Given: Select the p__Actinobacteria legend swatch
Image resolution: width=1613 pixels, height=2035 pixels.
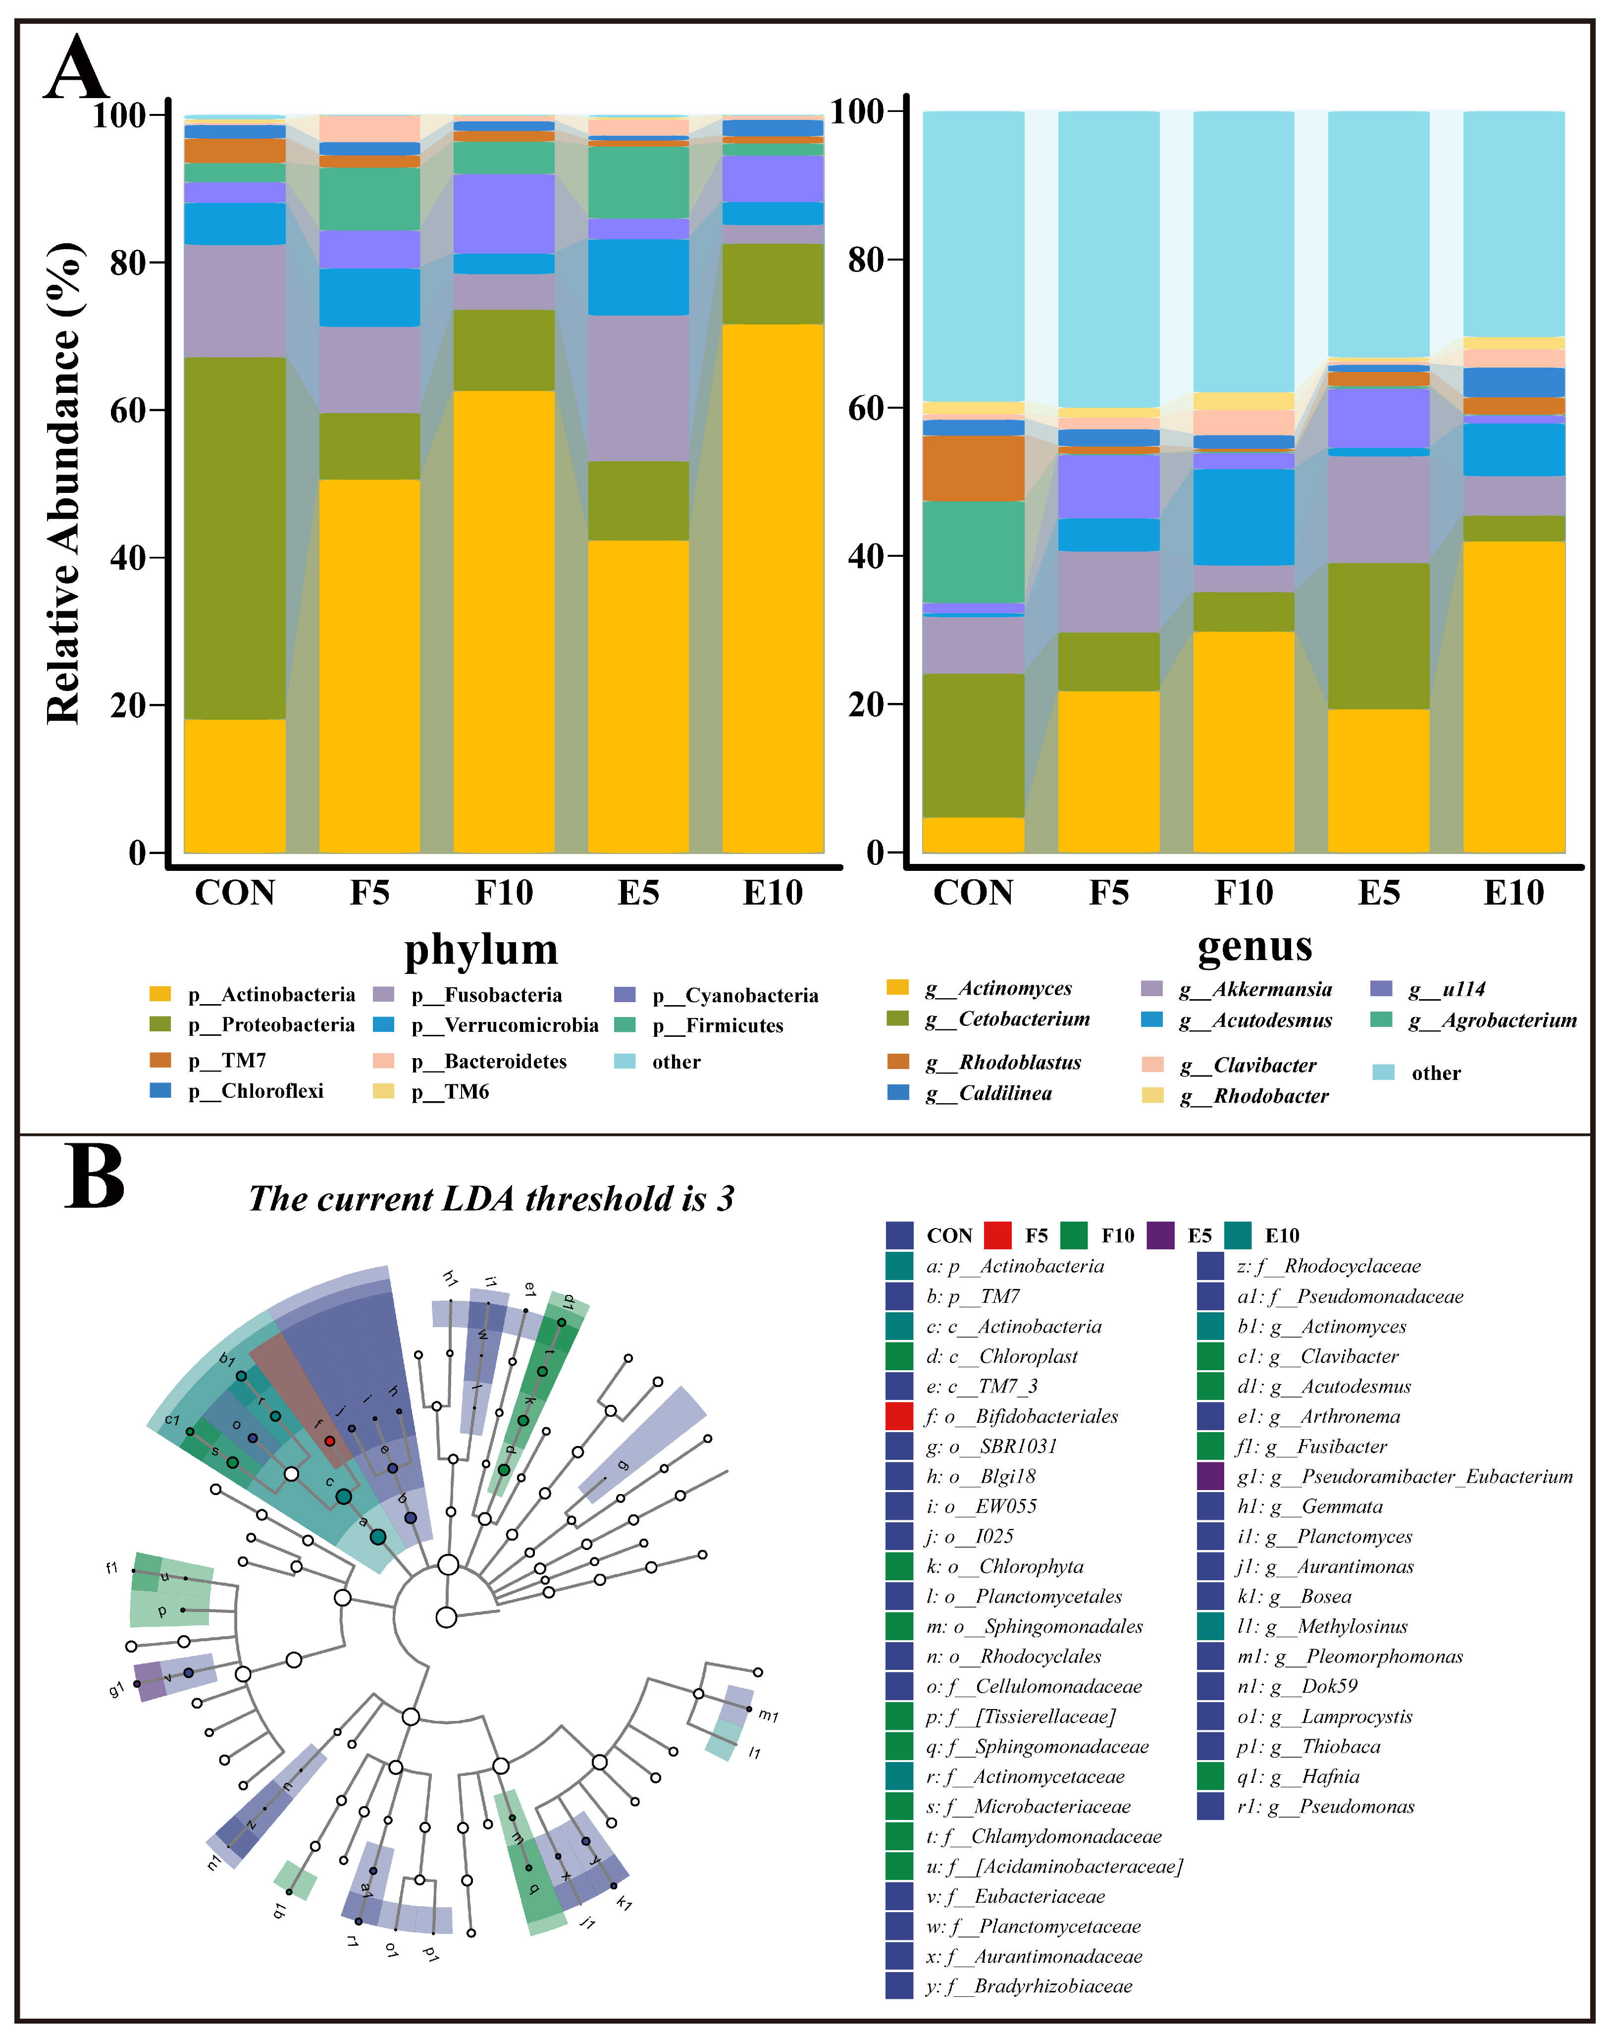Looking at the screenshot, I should click(160, 994).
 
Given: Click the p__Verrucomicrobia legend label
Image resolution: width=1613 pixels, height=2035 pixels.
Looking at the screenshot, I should click(505, 1025).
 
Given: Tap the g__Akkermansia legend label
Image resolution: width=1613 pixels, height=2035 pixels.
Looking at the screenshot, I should click(1255, 989).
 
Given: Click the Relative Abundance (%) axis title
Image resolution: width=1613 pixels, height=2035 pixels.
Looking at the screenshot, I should click(64, 483).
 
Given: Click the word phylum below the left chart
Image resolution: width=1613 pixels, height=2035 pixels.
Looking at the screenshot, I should click(481, 950).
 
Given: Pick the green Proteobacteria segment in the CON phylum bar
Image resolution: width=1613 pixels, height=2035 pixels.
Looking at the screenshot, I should click(235, 538).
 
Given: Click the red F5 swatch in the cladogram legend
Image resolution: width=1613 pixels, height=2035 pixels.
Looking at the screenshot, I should click(997, 1234).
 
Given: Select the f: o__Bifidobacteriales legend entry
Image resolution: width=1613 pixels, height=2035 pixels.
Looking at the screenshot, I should click(1022, 1416).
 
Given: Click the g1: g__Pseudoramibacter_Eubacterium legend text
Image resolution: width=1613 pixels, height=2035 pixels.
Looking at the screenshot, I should click(1405, 1476).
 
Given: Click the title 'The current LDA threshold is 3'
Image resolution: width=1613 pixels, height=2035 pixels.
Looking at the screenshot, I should click(491, 1199).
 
